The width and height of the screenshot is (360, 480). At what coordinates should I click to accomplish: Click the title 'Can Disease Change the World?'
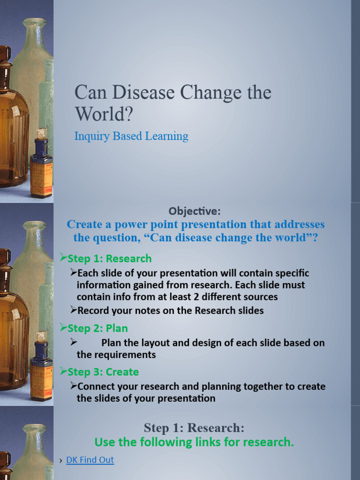click(x=172, y=103)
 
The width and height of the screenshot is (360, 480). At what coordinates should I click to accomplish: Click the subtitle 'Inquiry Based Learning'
click(x=131, y=136)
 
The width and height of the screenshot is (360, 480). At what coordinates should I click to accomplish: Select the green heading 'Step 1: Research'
click(x=110, y=259)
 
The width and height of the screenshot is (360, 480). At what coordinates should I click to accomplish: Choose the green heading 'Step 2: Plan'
click(x=97, y=329)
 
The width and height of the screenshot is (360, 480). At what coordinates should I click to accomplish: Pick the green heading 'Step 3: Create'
click(x=103, y=372)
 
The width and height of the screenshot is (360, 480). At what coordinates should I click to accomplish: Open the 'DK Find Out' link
click(x=90, y=460)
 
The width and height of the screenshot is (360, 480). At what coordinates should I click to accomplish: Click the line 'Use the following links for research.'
click(x=194, y=442)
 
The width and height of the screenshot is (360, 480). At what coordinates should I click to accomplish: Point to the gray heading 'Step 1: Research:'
click(x=194, y=428)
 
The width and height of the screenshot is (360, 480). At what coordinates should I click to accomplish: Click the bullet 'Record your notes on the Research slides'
click(x=170, y=310)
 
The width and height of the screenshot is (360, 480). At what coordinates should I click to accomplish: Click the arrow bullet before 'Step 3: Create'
click(x=63, y=372)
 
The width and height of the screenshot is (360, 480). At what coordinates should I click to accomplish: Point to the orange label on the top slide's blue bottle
click(x=41, y=178)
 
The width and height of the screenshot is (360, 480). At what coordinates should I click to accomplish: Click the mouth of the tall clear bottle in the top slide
click(x=34, y=22)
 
